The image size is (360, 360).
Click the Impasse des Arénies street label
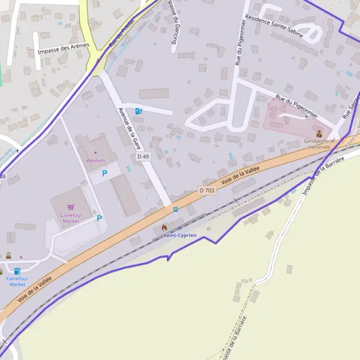[63, 49]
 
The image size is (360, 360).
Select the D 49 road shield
[143, 157]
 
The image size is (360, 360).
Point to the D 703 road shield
[206, 190]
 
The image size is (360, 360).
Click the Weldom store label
[95, 160]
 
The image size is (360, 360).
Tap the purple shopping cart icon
[71, 208]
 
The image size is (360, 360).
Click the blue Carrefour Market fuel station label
[17, 281]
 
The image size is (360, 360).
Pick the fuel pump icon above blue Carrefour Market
[17, 271]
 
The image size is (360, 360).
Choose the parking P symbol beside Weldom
[104, 173]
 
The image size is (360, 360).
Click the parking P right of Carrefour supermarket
[100, 218]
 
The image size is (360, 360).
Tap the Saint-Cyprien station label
[179, 235]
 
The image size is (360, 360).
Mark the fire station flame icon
[164, 227]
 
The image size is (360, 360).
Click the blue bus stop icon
[175, 209]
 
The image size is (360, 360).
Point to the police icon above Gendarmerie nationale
[319, 134]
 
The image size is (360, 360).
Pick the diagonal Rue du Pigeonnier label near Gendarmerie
[296, 104]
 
